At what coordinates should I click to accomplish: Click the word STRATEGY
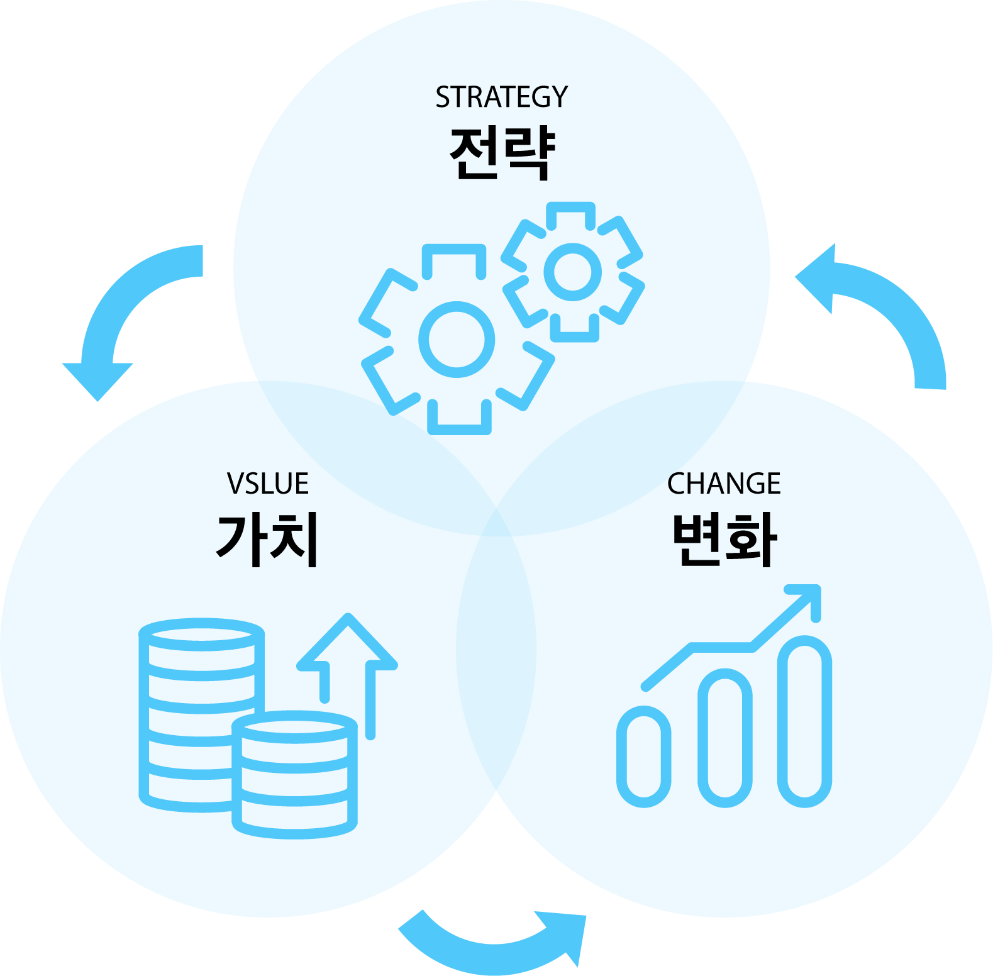501,97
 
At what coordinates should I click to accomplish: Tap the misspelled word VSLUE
267,484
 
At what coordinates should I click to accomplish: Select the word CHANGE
723,484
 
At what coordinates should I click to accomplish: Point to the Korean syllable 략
529,154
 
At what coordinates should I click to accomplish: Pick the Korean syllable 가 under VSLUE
240,540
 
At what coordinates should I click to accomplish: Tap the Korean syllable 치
294,540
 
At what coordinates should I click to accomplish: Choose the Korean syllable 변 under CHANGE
696,540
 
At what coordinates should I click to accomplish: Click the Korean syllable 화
751,540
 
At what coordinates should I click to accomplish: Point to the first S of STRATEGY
443,97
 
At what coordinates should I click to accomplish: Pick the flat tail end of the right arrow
930,384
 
